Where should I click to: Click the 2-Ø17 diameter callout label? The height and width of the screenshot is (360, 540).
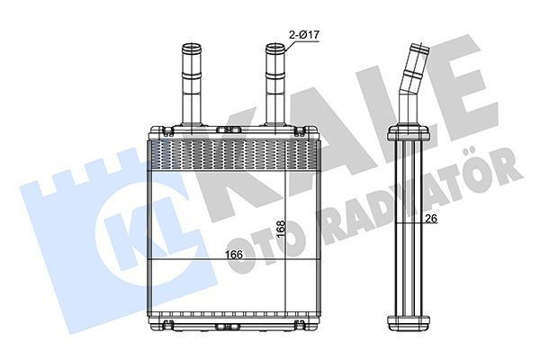pos(304,34)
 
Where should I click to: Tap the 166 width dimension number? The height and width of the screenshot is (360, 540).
pos(234,255)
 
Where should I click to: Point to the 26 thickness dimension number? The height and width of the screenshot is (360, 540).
pos(431,218)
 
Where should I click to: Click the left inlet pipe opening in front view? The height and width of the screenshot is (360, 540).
pos(192,47)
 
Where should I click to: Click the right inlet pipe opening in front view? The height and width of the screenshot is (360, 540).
pos(275,47)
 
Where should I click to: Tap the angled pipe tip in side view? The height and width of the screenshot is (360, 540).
pos(420,48)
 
